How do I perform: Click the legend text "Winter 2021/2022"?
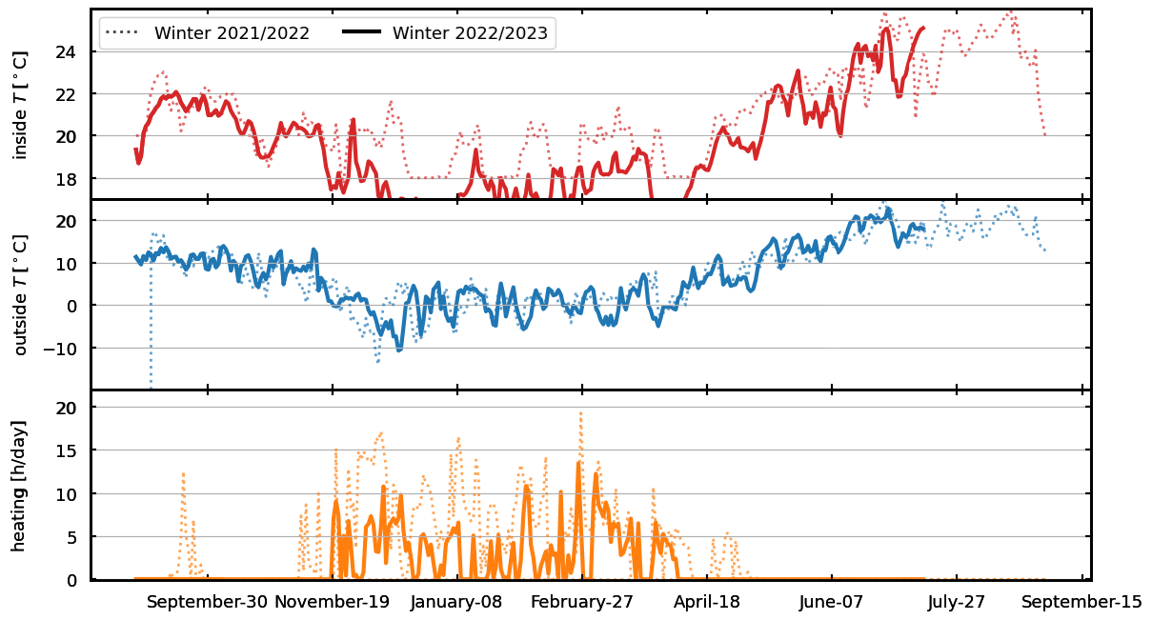pyautogui.click(x=232, y=33)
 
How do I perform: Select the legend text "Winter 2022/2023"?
pyautogui.click(x=470, y=33)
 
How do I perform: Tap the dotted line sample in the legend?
pyautogui.click(x=122, y=33)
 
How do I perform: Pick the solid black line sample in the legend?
pyautogui.click(x=361, y=33)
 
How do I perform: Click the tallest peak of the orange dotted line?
pyautogui.click(x=580, y=413)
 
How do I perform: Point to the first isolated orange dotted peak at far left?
pyautogui.click(x=183, y=473)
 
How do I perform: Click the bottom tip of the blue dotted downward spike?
pyautogui.click(x=151, y=387)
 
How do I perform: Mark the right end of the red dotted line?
pyautogui.click(x=1044, y=134)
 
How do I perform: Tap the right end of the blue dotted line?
pyautogui.click(x=1045, y=251)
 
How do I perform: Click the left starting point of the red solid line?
pyautogui.click(x=135, y=150)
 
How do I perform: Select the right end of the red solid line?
pyautogui.click(x=922, y=28)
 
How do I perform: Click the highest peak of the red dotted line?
pyautogui.click(x=1009, y=11)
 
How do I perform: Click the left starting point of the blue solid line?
pyautogui.click(x=135, y=256)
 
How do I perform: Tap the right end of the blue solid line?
pyautogui.click(x=924, y=227)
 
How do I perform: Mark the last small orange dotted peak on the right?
pyautogui.click(x=727, y=533)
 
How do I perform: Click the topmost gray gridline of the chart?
pyautogui.click(x=591, y=51)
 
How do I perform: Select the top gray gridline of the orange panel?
pyautogui.click(x=591, y=407)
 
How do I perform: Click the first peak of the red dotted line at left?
pyautogui.click(x=162, y=71)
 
